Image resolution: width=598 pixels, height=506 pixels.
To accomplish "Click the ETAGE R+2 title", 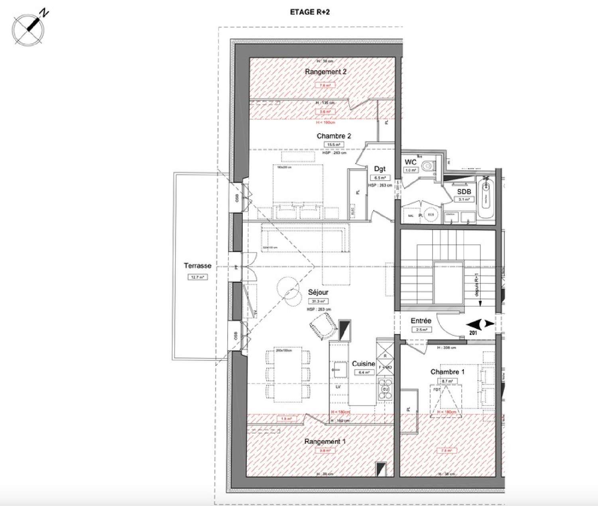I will coord(310,12).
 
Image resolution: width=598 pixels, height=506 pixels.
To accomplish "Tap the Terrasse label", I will coord(197,266).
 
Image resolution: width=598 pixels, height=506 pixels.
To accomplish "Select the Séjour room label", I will coord(318,292).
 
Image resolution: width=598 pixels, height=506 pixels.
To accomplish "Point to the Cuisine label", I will coord(363,364).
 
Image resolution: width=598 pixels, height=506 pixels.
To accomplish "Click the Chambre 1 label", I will coord(447,372).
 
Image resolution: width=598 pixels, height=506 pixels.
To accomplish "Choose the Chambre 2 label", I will coord(334,136).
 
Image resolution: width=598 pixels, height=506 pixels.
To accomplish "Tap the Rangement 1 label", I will coord(325,441).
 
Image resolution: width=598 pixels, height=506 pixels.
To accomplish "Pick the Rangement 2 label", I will coord(325,72).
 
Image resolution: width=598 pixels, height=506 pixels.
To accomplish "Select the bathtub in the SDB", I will coord(486,198).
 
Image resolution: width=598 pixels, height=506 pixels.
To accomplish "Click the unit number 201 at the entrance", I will coord(473,333).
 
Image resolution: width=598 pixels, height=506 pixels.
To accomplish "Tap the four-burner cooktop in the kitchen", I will coord(385,389).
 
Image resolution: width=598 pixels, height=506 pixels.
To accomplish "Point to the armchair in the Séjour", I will coord(323,325).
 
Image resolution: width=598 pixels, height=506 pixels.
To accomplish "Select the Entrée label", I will coord(421,321).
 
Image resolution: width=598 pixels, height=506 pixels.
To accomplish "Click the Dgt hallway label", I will coord(380,169).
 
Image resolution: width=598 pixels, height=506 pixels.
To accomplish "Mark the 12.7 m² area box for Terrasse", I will coord(197,277).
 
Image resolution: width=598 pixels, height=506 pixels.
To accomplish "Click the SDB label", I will coord(464,192).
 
